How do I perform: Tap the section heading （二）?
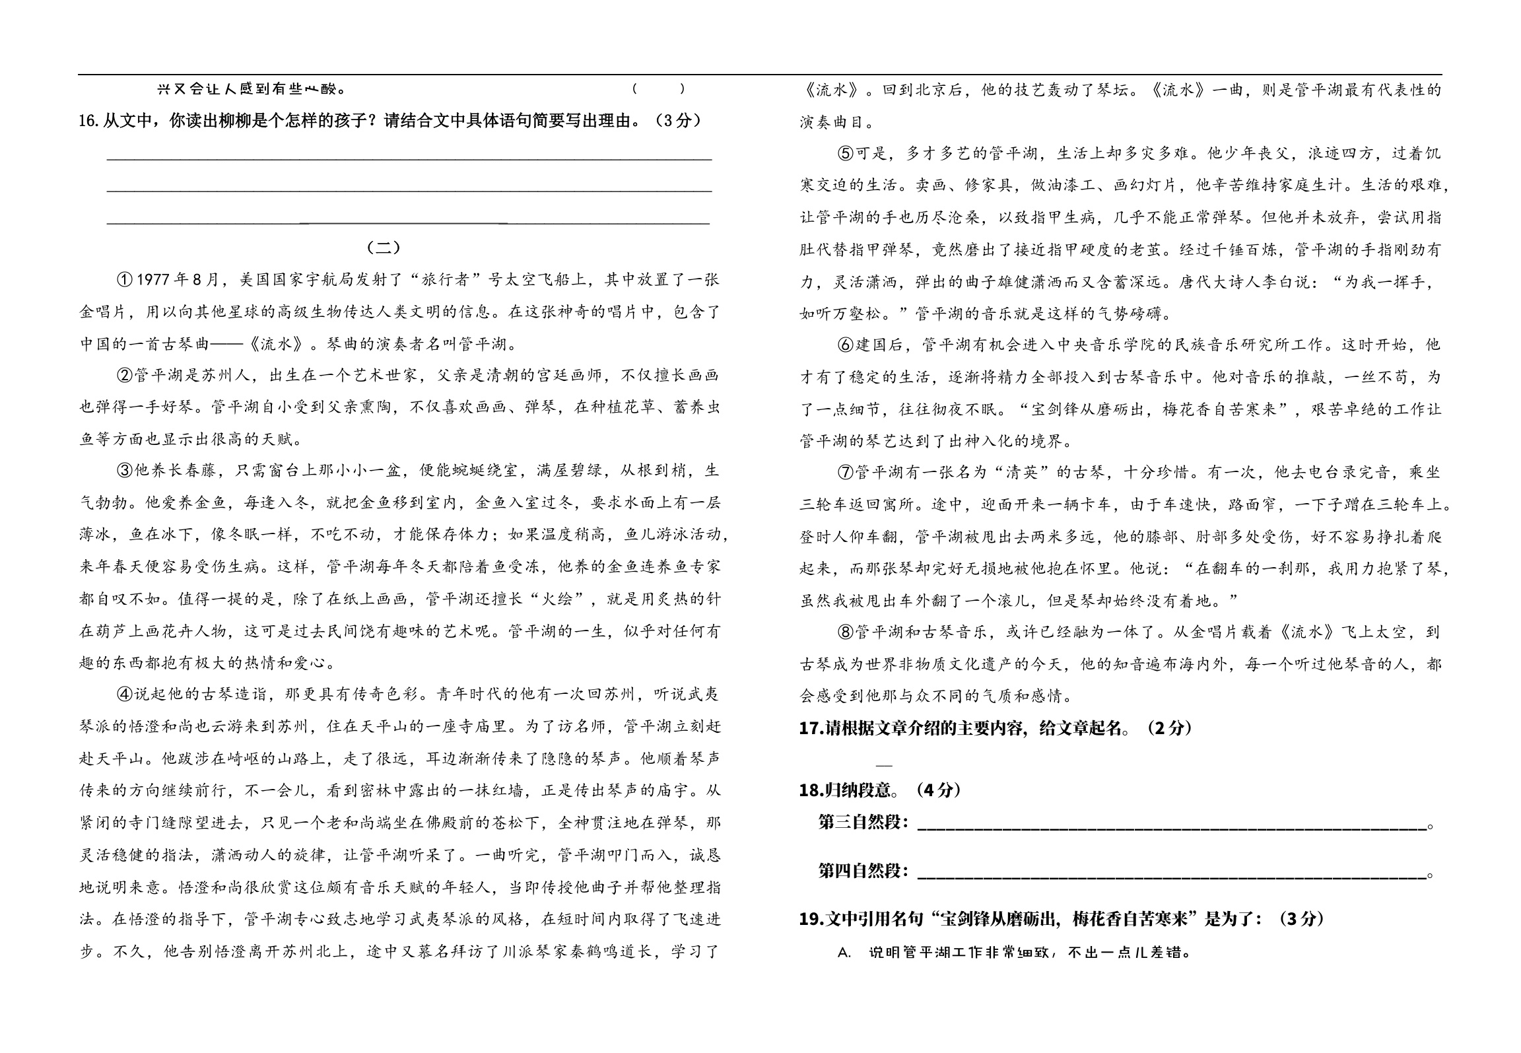383,248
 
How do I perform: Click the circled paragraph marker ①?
125,280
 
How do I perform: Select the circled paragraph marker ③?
125,471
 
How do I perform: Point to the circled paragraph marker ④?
125,695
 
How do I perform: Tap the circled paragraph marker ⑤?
846,154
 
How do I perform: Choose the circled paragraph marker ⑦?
846,473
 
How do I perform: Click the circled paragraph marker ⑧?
846,632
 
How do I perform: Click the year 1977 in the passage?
153,280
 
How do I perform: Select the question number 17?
809,728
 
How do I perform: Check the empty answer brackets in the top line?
658,89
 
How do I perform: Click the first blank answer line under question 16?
409,158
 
